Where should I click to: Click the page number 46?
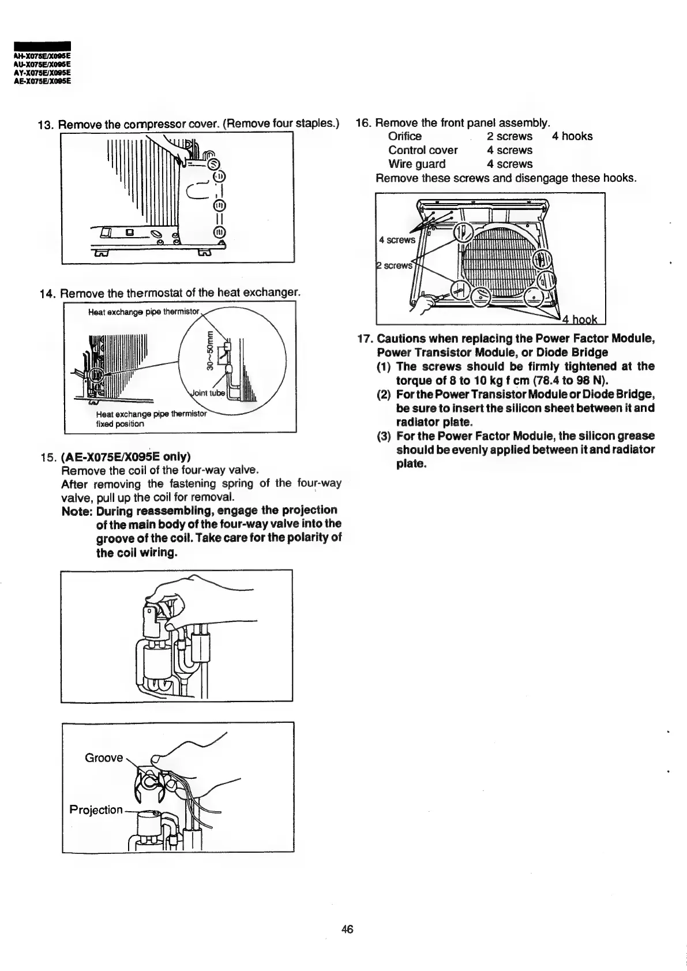347,929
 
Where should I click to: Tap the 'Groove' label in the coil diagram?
104,758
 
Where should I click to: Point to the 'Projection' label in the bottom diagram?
96,809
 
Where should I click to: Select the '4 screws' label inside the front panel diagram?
397,239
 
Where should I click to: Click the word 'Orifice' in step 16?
405,136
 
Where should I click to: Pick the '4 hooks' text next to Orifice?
572,136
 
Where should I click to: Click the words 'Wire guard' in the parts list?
417,164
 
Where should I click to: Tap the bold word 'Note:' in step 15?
77,511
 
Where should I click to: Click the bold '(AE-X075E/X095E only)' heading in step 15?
125,456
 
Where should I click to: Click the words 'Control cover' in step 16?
423,150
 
